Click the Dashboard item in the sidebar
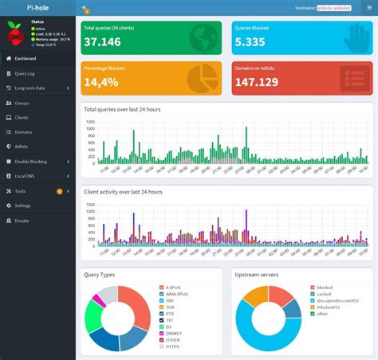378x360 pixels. (x=26, y=58)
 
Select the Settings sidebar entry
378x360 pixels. (x=23, y=205)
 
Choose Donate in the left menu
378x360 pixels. (x=22, y=221)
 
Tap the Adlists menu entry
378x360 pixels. (x=23, y=147)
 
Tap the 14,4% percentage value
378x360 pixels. (x=101, y=82)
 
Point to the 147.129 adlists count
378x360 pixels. (x=257, y=82)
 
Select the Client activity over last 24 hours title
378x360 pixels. (x=123, y=192)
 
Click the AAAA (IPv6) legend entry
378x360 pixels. (x=182, y=293)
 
